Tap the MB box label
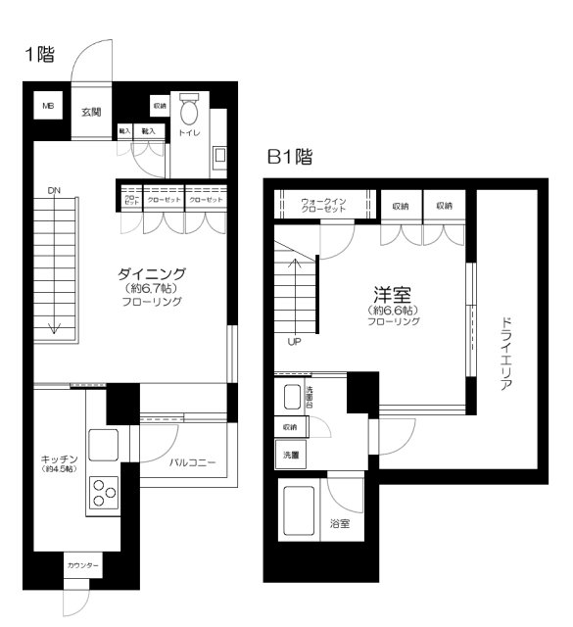(47, 105)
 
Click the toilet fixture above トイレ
(190, 109)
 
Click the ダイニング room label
(152, 273)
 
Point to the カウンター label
(82, 567)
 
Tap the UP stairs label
(295, 343)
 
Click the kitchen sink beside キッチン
(103, 445)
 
